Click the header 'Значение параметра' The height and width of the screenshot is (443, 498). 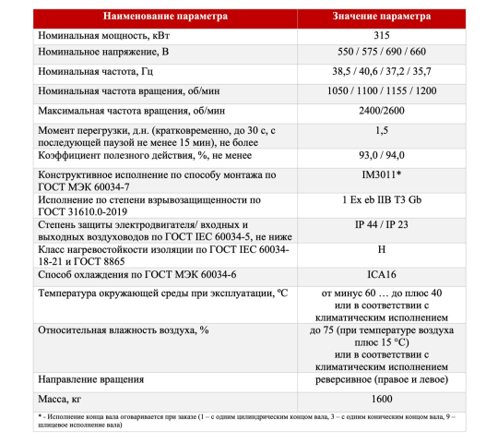point(382,17)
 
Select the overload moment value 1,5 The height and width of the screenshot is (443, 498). point(382,131)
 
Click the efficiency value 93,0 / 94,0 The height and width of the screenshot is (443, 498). point(382,155)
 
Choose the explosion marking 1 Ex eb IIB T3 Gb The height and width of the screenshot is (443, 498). point(382,199)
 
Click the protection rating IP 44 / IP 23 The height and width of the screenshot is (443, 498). point(382,224)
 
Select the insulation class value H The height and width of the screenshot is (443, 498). point(382,249)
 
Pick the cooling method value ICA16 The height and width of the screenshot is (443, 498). point(382,274)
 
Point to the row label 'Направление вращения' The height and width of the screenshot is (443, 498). point(90,379)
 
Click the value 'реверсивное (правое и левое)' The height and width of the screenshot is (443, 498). point(382,379)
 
